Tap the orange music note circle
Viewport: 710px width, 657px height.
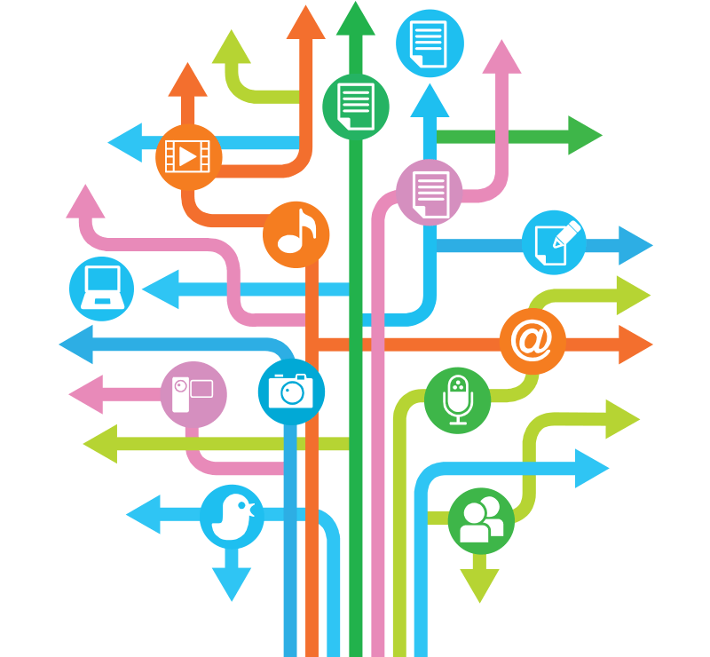[x=296, y=234]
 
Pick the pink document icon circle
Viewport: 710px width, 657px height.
[x=430, y=192]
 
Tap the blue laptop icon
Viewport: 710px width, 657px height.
[x=101, y=289]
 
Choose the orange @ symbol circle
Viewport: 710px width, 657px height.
[x=532, y=341]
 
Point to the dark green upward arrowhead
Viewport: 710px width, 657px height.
[x=356, y=20]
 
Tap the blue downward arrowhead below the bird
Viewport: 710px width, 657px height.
[x=232, y=582]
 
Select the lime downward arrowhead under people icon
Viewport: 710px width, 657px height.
[x=480, y=584]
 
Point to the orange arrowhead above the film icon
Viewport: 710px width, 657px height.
[x=187, y=80]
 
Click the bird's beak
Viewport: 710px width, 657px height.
[x=254, y=510]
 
